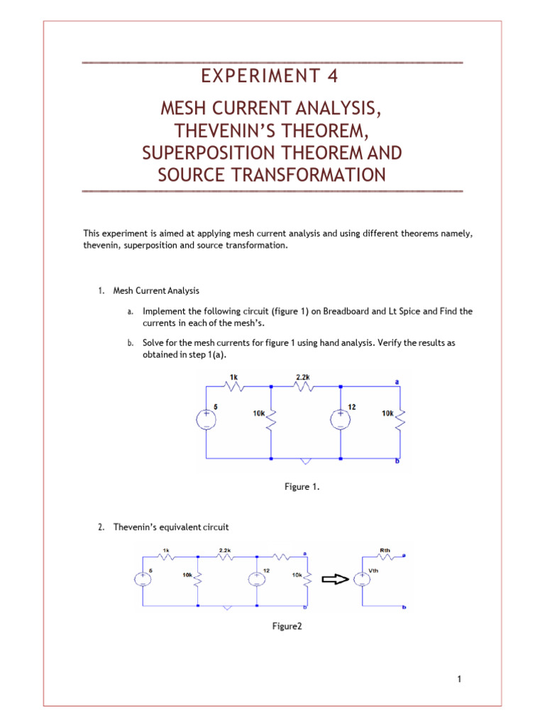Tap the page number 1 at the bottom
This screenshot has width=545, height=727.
coord(460,679)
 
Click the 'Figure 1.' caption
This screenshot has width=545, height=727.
coord(297,486)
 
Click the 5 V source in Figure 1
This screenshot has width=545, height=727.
coord(206,420)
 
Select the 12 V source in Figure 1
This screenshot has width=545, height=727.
coord(341,420)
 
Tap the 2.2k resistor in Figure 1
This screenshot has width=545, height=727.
coord(304,387)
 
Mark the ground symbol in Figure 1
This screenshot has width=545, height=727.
coord(306,461)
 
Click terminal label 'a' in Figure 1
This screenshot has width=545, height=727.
coord(397,381)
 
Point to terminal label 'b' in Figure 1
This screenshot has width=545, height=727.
coord(397,462)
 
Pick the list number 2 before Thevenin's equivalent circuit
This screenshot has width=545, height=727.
coord(99,528)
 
